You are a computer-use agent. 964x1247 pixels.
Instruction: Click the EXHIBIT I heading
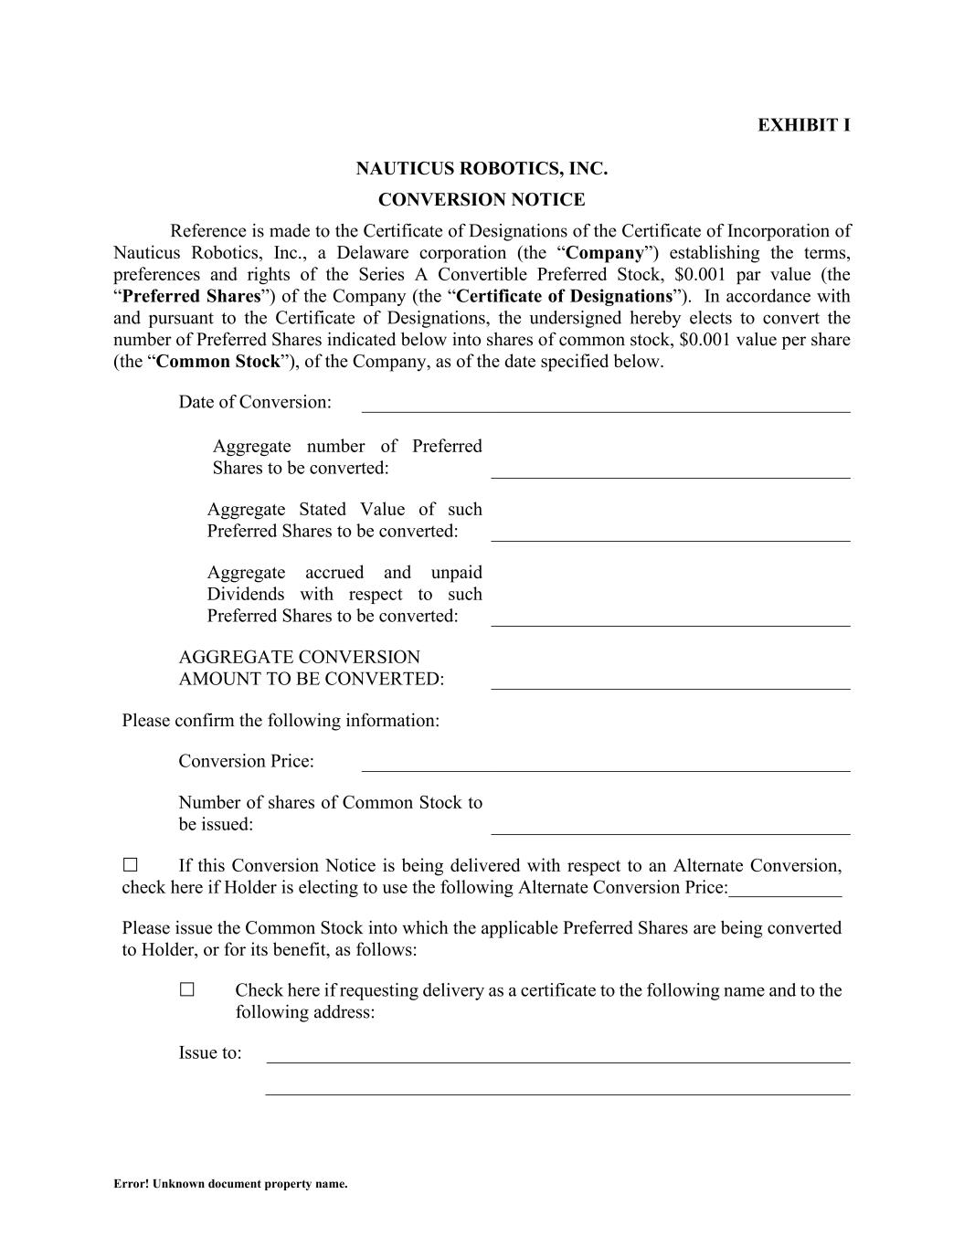click(803, 125)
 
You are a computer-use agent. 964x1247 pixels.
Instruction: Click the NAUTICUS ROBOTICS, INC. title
click(482, 169)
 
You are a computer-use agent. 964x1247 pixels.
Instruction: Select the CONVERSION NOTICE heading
click(482, 200)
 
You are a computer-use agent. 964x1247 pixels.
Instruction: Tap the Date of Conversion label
click(255, 403)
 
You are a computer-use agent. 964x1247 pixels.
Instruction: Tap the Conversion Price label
click(246, 762)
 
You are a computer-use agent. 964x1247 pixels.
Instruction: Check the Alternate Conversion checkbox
click(130, 864)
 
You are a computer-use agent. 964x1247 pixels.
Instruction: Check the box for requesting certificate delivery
click(187, 989)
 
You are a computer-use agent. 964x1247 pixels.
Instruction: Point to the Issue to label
click(210, 1053)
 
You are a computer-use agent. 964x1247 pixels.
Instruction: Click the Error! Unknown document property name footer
click(230, 1184)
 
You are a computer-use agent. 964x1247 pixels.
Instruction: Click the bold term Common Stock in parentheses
click(218, 362)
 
